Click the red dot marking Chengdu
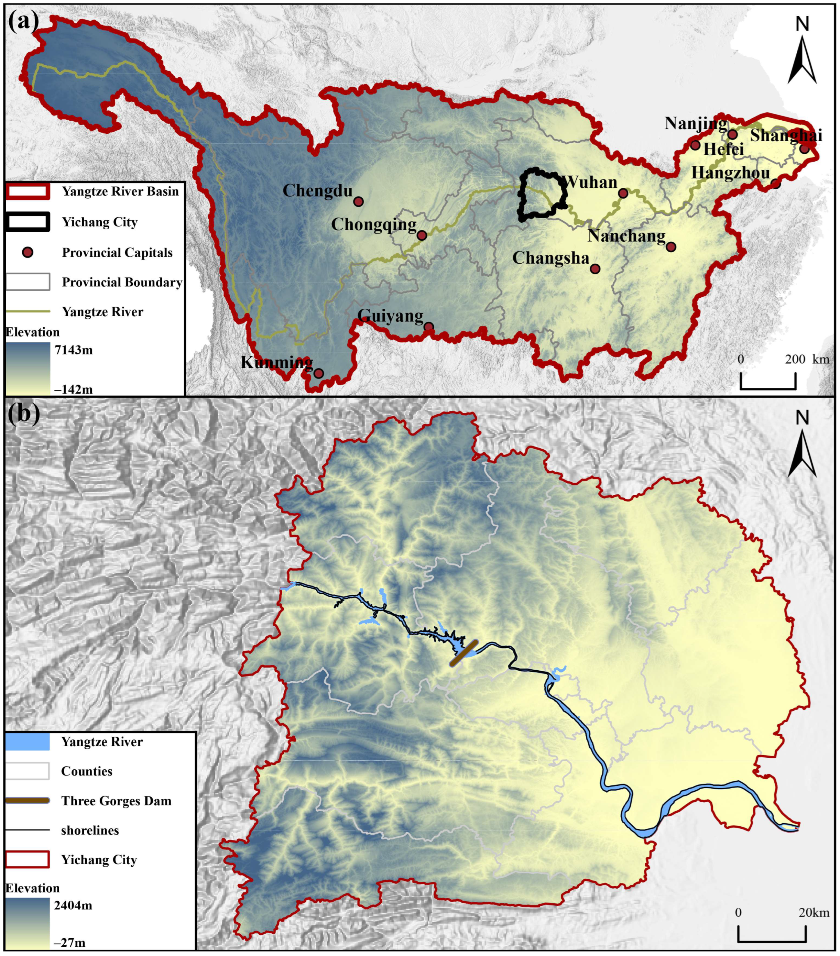(x=358, y=201)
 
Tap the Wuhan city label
(x=591, y=182)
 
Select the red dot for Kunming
(x=318, y=373)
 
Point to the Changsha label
(x=550, y=258)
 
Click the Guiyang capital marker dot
(x=429, y=327)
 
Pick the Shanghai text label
(x=786, y=136)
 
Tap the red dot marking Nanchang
(x=671, y=247)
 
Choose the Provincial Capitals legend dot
(x=28, y=253)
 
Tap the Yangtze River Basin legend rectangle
(x=28, y=191)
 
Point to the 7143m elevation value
(x=74, y=350)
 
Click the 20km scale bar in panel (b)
(x=772, y=941)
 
